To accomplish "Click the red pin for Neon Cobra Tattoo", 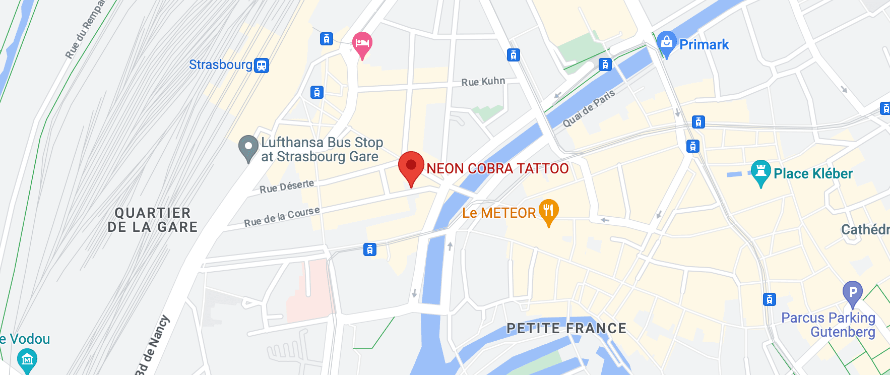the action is pyautogui.click(x=411, y=166).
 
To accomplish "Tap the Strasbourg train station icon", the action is pyautogui.click(x=262, y=66).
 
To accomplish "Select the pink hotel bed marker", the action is pyautogui.click(x=362, y=43).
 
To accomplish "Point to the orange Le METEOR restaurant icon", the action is pyautogui.click(x=548, y=211).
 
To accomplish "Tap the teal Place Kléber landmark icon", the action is pyautogui.click(x=760, y=172).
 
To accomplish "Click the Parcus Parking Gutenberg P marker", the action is pyautogui.click(x=852, y=293).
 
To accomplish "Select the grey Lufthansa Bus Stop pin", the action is pyautogui.click(x=248, y=147).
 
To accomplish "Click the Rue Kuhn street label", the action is pyautogui.click(x=483, y=82).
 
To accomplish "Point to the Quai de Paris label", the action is pyautogui.click(x=589, y=108).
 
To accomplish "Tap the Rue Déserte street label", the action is pyautogui.click(x=287, y=186).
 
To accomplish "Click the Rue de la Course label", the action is pyautogui.click(x=282, y=216).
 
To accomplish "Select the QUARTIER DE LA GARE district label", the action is pyautogui.click(x=153, y=220).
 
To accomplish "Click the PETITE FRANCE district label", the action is pyautogui.click(x=566, y=328).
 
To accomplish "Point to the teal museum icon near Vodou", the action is pyautogui.click(x=27, y=359).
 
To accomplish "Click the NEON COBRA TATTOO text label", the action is pyautogui.click(x=497, y=168).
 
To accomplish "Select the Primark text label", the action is pyautogui.click(x=704, y=45).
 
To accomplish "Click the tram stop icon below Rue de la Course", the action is pyautogui.click(x=370, y=249).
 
